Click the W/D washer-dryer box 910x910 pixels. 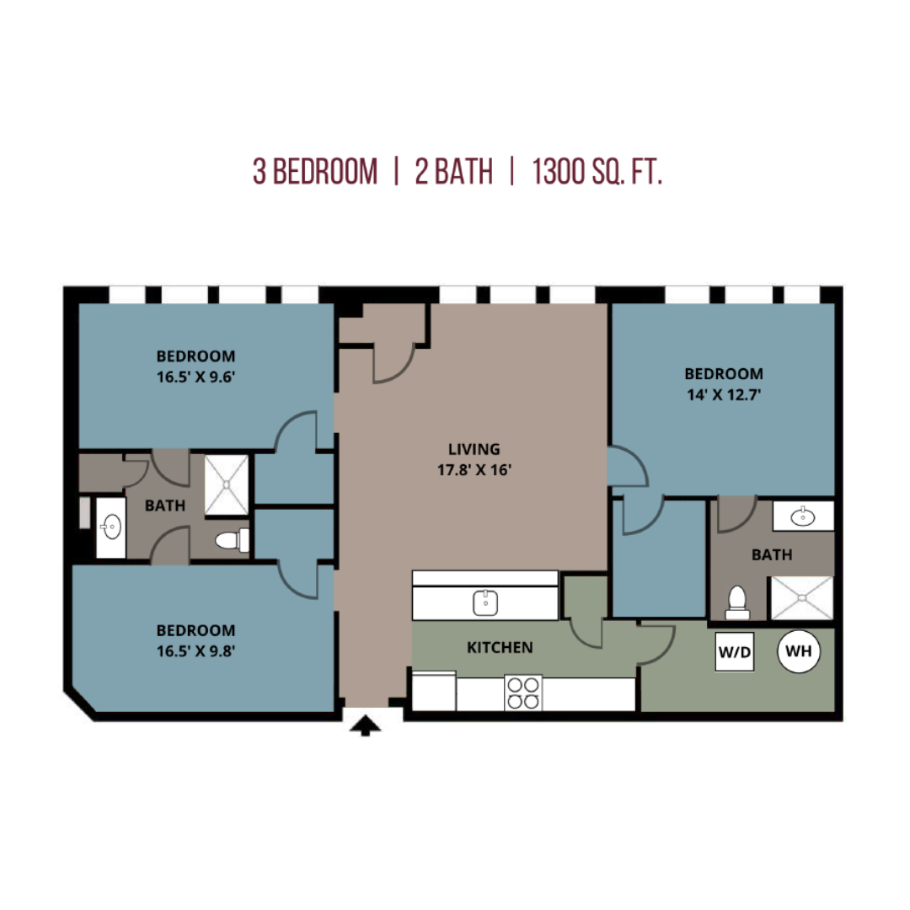pos(734,651)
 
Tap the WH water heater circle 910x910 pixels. pos(799,651)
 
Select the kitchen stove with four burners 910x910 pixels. pos(523,693)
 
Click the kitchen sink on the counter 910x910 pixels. pos(485,603)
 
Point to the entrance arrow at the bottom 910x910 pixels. pos(365,726)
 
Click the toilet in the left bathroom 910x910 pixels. pos(233,540)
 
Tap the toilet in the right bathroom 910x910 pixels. pos(737,602)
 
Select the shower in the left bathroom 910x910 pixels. pos(227,485)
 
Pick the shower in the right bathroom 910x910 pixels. pos(801,597)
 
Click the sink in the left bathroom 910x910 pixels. pos(111,527)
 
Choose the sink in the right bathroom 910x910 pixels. pos(803,516)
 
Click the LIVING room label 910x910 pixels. pos(474,449)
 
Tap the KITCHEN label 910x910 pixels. pos(500,647)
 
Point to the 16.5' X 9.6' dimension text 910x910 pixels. pos(195,377)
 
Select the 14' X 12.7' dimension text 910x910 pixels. pos(724,394)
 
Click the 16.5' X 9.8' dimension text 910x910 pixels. pos(195,651)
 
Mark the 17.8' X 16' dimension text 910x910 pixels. pos(474,469)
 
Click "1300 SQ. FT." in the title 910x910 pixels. pos(597,172)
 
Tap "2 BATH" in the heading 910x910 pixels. pos(454,172)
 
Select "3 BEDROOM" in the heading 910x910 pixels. pos(315,172)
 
